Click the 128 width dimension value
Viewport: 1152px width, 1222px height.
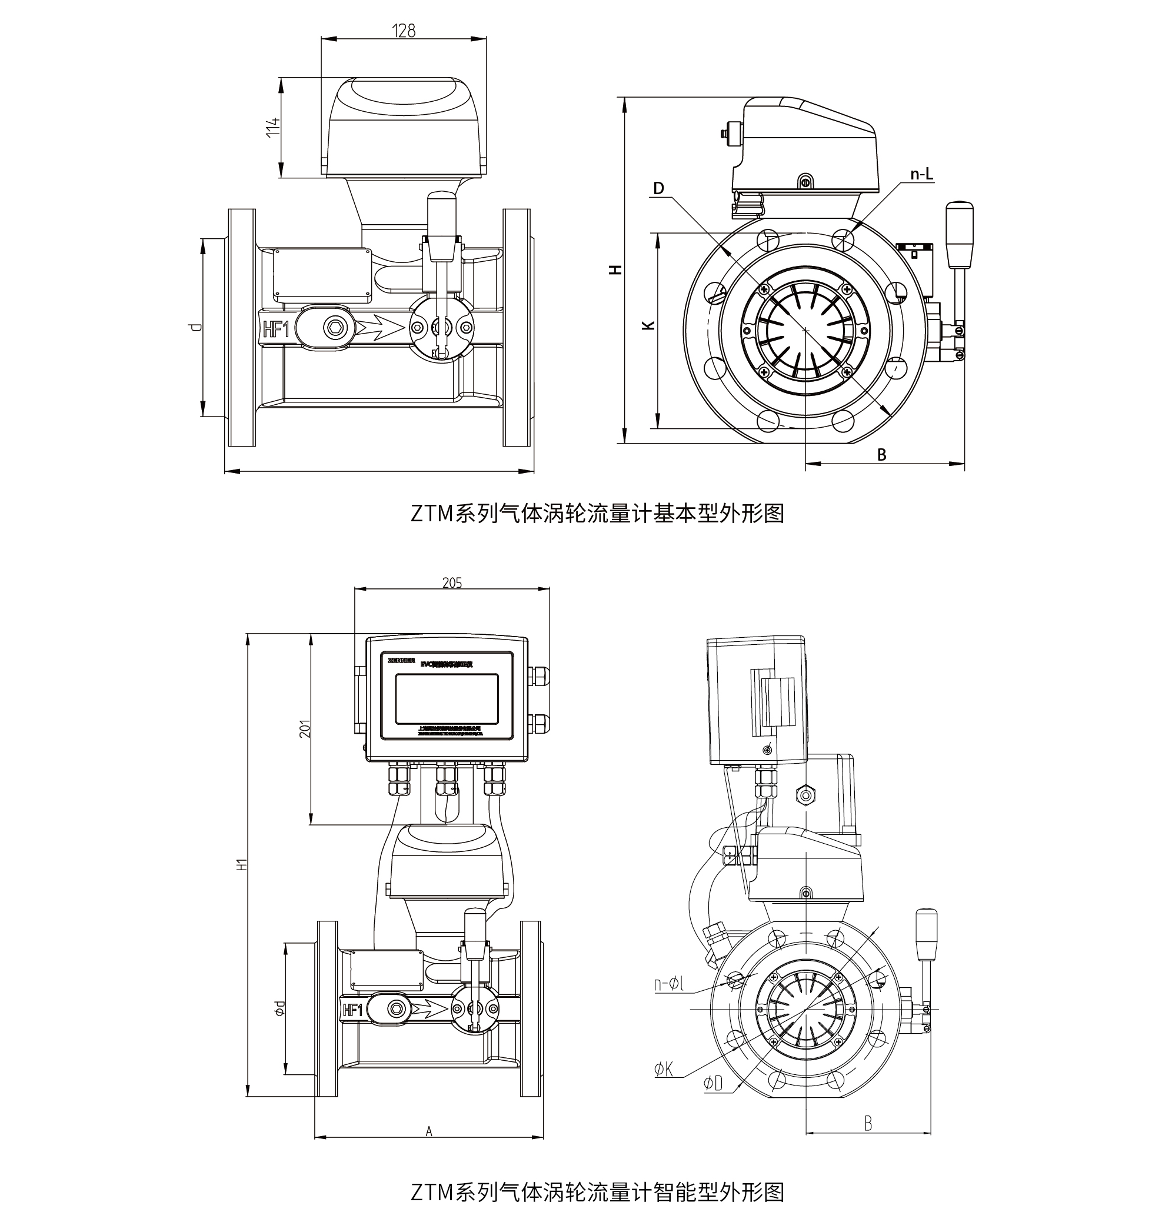pyautogui.click(x=404, y=31)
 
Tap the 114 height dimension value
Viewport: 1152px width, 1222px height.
pyautogui.click(x=274, y=126)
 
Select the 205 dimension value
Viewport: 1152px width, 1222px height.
pyautogui.click(x=452, y=582)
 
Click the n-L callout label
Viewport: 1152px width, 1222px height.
pyautogui.click(x=921, y=175)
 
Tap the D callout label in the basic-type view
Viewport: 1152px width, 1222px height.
pyautogui.click(x=658, y=188)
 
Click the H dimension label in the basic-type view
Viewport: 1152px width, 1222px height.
pyautogui.click(x=615, y=269)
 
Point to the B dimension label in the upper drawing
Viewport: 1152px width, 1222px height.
pyautogui.click(x=881, y=455)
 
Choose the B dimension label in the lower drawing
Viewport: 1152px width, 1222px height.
pyautogui.click(x=868, y=1123)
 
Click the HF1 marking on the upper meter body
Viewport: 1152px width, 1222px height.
pyautogui.click(x=276, y=329)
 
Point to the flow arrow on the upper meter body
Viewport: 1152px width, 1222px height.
pyautogui.click(x=377, y=329)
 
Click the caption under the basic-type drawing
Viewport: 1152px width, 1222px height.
pyautogui.click(x=597, y=512)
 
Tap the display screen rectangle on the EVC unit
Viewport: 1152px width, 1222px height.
pyautogui.click(x=447, y=698)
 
